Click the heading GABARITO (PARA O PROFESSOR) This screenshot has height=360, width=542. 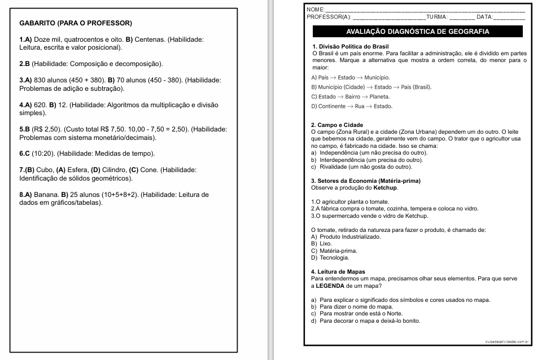75,23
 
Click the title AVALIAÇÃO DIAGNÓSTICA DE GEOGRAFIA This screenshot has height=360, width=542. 417,32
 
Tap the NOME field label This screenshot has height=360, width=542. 315,10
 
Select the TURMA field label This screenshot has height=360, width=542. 437,17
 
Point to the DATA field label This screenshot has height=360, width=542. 484,17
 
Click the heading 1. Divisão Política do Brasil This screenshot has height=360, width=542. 350,46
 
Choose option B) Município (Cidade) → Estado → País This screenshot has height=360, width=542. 371,87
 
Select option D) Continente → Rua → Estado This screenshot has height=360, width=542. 351,106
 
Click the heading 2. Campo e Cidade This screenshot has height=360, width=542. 337,125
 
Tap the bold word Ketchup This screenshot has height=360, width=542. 386,187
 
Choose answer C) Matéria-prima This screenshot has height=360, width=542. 334,250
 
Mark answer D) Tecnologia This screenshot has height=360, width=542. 330,257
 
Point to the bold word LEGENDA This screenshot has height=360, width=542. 330,286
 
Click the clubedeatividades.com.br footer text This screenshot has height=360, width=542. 506,341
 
